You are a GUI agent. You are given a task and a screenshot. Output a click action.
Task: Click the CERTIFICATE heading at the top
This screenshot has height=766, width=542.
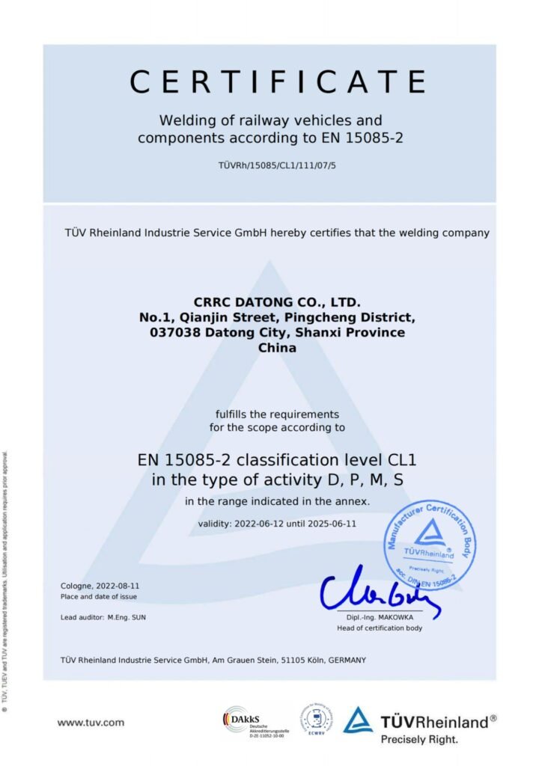[x=277, y=82]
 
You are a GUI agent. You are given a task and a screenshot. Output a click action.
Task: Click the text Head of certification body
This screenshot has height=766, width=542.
[x=380, y=628]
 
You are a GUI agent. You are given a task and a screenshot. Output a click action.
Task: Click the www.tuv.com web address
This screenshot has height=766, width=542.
[x=91, y=723]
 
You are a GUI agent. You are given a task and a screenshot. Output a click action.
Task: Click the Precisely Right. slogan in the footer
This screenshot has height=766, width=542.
[x=418, y=738]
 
